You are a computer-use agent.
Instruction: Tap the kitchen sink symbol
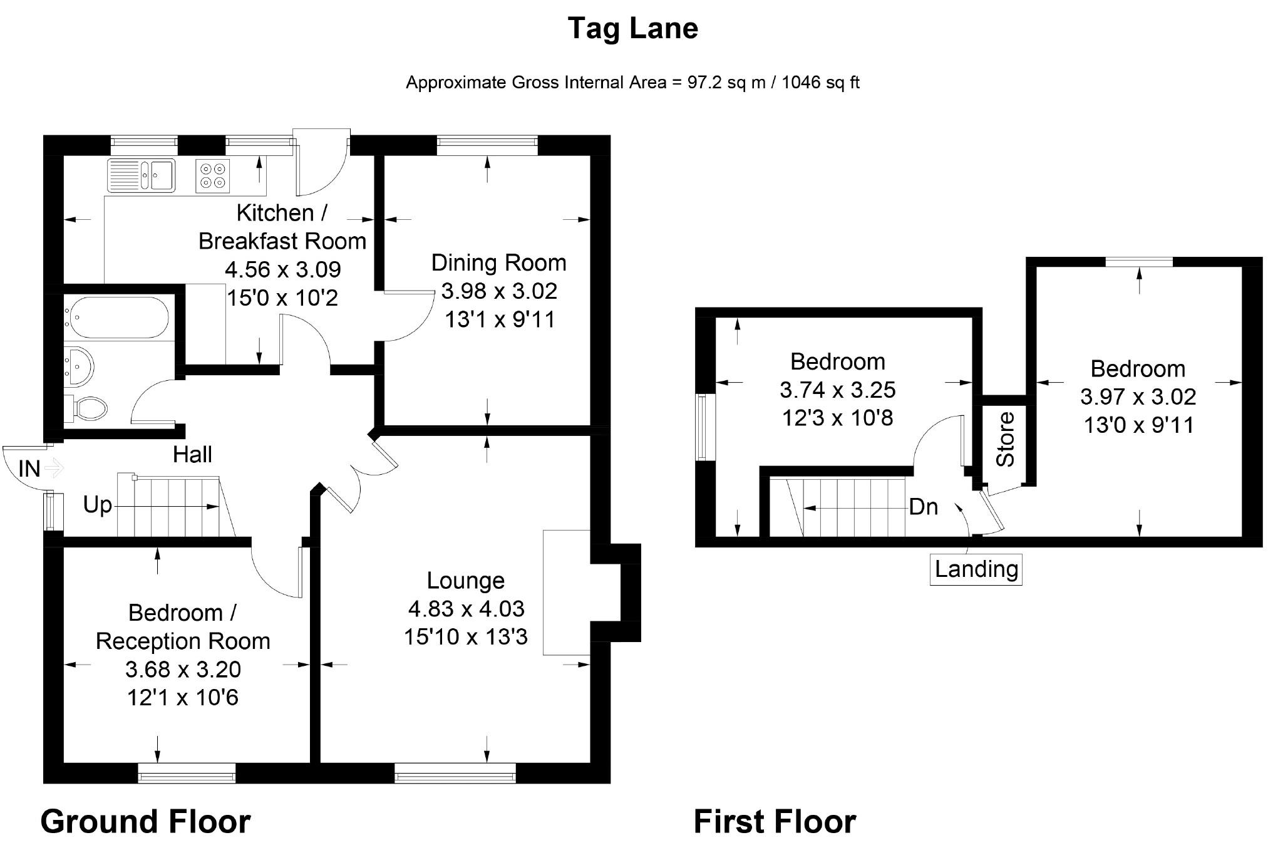tap(142, 175)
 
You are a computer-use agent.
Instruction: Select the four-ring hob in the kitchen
tap(213, 175)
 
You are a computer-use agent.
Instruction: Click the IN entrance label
tap(29, 469)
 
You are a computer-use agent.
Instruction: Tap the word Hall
tap(192, 455)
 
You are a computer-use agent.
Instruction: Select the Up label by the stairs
tap(98, 505)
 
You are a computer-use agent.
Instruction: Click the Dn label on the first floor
tap(924, 507)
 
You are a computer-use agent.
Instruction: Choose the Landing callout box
tap(976, 569)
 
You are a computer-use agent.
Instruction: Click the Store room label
tap(1005, 439)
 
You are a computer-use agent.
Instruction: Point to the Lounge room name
tap(466, 581)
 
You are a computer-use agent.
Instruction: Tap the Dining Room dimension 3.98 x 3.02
tap(499, 291)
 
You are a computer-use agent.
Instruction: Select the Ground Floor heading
tap(146, 822)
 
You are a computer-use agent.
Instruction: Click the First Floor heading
tap(775, 822)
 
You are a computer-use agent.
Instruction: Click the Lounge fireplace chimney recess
tap(616, 593)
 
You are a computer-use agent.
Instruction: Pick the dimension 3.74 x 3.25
tap(838, 390)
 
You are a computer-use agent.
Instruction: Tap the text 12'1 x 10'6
tap(183, 698)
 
